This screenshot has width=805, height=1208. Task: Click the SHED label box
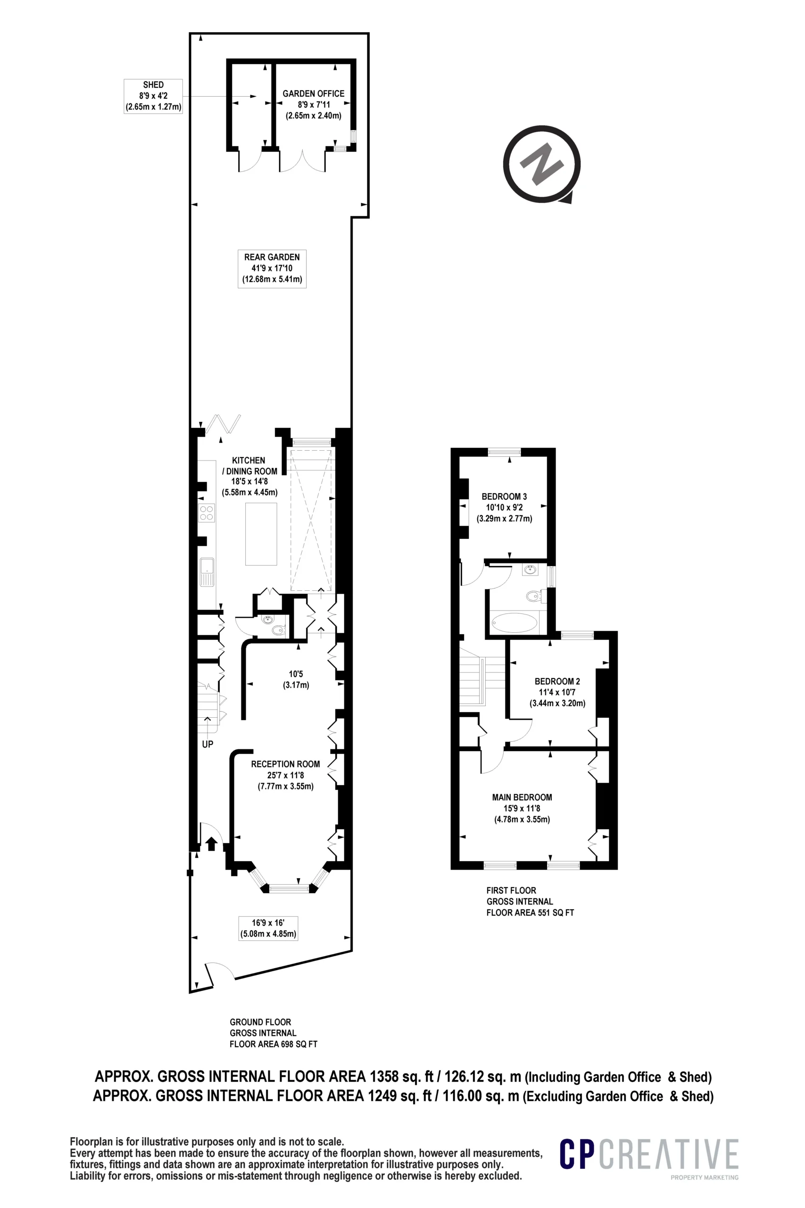153,96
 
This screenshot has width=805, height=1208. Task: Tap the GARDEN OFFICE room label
313,104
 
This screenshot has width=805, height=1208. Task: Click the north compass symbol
542,164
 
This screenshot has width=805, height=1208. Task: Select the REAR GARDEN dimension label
272,268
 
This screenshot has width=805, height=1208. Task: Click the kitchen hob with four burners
207,513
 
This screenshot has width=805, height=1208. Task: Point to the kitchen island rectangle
261,534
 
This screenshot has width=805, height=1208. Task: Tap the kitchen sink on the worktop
207,571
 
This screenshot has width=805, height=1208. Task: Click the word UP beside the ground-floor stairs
207,744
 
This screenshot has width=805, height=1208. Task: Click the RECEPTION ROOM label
285,775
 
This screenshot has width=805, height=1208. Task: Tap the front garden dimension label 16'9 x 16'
268,928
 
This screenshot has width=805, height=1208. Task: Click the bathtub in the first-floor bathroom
515,622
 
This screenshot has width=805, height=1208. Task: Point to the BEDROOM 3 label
504,507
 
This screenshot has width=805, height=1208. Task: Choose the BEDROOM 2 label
557,692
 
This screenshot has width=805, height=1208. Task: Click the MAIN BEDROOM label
522,808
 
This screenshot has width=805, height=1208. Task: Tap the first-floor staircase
482,677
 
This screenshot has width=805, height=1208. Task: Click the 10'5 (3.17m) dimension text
296,679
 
